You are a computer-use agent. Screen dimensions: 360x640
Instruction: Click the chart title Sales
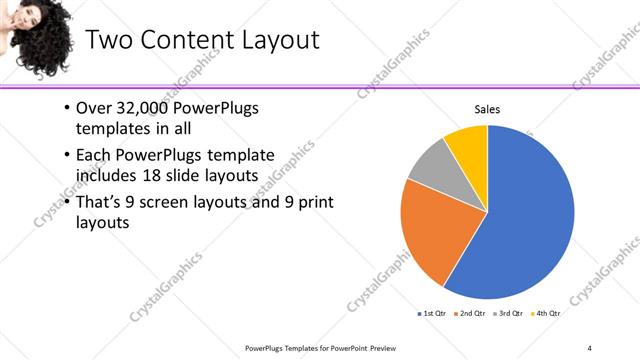tap(486, 109)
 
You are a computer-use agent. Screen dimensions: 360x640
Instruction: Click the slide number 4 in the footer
tap(589, 347)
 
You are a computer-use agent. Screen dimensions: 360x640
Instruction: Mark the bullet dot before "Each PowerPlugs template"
tap(66, 155)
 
